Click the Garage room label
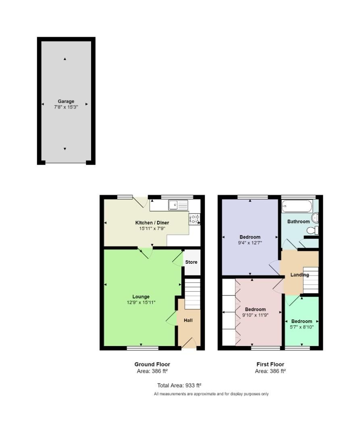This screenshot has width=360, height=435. coord(66,101)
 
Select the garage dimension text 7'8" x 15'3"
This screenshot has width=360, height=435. coord(66,107)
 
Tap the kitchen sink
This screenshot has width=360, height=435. coord(178,205)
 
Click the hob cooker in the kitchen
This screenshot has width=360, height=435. coord(194,219)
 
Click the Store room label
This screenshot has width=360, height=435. coord(191,262)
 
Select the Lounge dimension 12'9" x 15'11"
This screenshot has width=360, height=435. coord(141,302)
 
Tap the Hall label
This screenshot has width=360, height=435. coord(188,321)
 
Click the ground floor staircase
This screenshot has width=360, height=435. coord(192,294)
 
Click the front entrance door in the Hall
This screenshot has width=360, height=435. coord(189,344)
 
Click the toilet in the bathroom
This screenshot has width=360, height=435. coord(312,230)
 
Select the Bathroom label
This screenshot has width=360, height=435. coord(298,222)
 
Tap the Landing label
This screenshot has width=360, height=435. coord(300,275)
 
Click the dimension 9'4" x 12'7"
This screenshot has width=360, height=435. coord(250,243)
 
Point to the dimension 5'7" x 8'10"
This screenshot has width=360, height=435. coord(302,327)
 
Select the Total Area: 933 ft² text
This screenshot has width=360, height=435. coord(179,385)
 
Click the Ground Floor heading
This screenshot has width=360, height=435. coord(152,364)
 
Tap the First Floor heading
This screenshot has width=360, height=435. coord(270,364)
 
